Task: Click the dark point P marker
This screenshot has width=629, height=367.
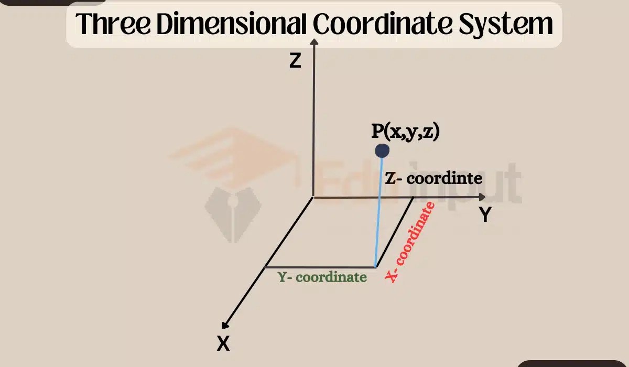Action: [x=382, y=152]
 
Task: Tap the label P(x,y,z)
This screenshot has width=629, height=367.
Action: [x=405, y=132]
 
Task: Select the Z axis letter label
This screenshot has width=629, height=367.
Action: [x=295, y=61]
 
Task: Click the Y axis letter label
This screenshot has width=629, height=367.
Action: [x=485, y=214]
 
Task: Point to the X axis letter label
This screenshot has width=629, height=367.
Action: [x=223, y=343]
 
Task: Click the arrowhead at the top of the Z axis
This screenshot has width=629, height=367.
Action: [x=313, y=43]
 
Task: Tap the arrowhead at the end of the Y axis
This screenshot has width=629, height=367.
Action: [x=481, y=197]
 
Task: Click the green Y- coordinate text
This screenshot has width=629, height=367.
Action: [x=322, y=277]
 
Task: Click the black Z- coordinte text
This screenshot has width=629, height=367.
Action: [x=433, y=178]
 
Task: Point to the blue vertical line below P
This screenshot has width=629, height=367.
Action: [x=379, y=210]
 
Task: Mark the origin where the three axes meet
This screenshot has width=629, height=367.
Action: [x=313, y=197]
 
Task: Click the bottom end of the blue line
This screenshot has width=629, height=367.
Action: [x=375, y=266]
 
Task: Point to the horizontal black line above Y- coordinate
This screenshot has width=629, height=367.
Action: [x=320, y=266]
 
